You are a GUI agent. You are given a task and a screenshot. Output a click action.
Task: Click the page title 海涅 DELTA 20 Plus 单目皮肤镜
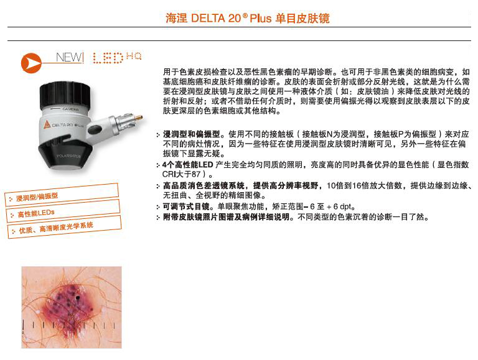pyautogui.click(x=247, y=18)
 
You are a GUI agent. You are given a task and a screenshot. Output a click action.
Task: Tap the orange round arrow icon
pyautogui.click(x=30, y=63)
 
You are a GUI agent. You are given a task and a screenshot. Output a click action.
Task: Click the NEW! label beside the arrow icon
pyautogui.click(x=70, y=57)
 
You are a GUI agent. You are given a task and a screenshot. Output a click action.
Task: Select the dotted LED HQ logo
pyautogui.click(x=117, y=58)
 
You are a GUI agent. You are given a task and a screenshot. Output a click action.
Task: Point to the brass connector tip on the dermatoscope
pyautogui.click(x=139, y=117)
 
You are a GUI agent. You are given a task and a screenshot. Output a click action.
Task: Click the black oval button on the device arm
pyautogui.click(x=95, y=129)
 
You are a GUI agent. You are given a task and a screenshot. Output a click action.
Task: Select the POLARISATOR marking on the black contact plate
pyautogui.click(x=68, y=156)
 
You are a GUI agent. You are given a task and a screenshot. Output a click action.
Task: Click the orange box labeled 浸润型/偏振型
pyautogui.click(x=62, y=195)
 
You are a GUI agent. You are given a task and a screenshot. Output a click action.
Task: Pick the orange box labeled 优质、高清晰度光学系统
pyautogui.click(x=64, y=227)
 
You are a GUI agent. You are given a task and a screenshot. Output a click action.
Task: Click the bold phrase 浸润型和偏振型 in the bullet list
pyautogui.click(x=191, y=134)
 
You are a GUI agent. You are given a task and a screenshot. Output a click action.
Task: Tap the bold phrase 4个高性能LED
pyautogui.click(x=188, y=165)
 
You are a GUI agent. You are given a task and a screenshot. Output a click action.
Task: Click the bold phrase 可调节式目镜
pyautogui.click(x=186, y=206)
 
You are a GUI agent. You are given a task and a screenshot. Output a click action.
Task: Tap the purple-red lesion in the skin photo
pyautogui.click(x=71, y=305)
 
